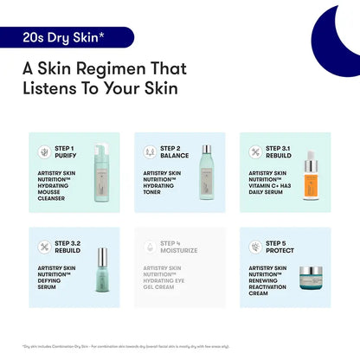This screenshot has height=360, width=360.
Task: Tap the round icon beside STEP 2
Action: pyautogui.click(x=151, y=152)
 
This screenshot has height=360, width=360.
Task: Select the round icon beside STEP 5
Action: pyautogui.click(x=256, y=247)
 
